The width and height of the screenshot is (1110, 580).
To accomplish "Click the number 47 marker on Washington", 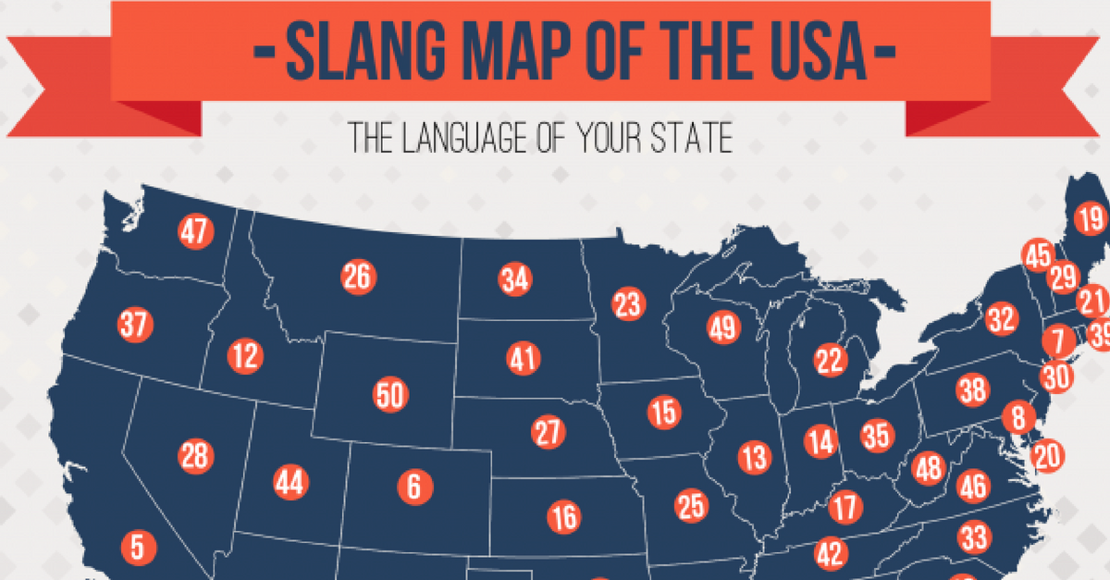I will point(195,232).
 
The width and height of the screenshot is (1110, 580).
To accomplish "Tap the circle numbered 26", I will point(357,277).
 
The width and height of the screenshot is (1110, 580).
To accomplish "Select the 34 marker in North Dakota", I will point(514,279).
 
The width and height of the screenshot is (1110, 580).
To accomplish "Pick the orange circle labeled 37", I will point(135,325).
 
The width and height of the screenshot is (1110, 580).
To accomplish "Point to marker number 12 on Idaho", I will point(245,356).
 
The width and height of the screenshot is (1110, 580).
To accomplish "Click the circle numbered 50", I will point(390,396).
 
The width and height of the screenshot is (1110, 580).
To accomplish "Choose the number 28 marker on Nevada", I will point(196,456).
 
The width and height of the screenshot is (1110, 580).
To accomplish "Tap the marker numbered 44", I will point(291,482).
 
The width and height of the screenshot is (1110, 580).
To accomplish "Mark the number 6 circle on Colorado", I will point(413,485).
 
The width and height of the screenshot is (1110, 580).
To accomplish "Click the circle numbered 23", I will point(627,304).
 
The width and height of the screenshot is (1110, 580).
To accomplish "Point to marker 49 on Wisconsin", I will point(724,327).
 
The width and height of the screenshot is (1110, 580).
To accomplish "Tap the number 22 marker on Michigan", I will point(831,358).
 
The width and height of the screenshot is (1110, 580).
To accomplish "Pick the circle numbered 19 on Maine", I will point(1091,220).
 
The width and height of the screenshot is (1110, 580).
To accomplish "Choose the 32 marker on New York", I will point(1001,320).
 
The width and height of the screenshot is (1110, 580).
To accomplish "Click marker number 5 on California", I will point(137,547).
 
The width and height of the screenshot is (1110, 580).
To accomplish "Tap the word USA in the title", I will point(812,53).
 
